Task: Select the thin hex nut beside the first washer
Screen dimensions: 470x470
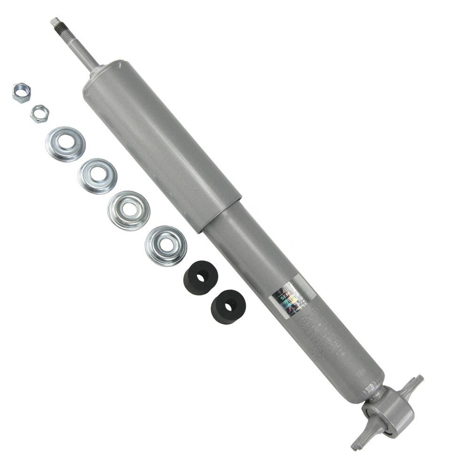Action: pyautogui.click(x=39, y=114)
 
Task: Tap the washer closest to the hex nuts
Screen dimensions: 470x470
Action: pyautogui.click(x=65, y=143)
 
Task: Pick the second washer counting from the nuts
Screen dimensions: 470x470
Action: pyautogui.click(x=97, y=175)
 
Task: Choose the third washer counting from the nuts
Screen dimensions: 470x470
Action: pyautogui.click(x=128, y=210)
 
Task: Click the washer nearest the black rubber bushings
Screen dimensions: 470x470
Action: pyautogui.click(x=165, y=245)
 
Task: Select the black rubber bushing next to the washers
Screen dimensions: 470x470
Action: pyautogui.click(x=200, y=278)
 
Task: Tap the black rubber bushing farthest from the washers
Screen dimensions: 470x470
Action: pyautogui.click(x=228, y=306)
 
